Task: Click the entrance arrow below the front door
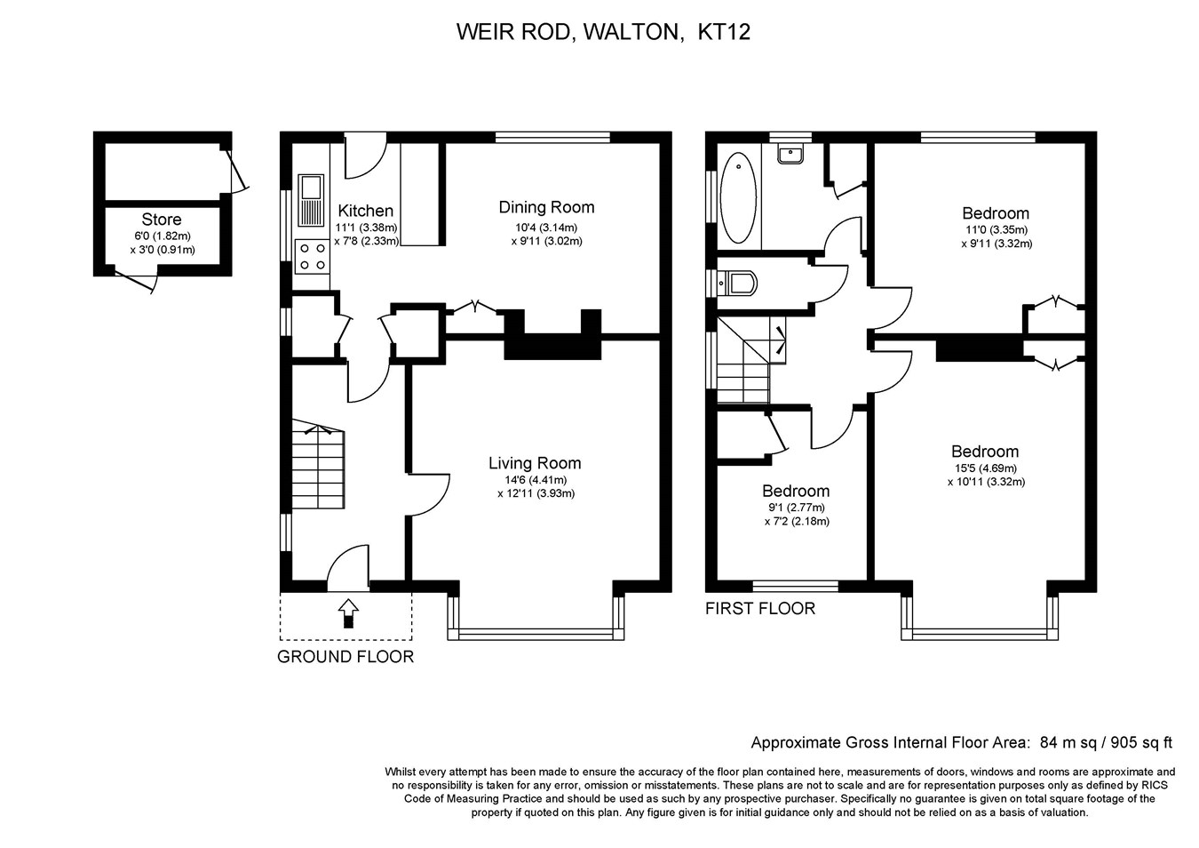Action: pyautogui.click(x=348, y=612)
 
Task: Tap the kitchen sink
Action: pyautogui.click(x=311, y=200)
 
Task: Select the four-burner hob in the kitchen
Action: pyautogui.click(x=313, y=256)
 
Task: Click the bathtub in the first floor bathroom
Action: pyautogui.click(x=739, y=198)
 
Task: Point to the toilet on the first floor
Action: pyautogui.click(x=737, y=284)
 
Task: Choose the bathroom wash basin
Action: pyautogui.click(x=790, y=155)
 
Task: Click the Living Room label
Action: pyautogui.click(x=535, y=463)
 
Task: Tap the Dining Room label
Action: pyautogui.click(x=546, y=207)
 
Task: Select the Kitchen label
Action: pyautogui.click(x=366, y=211)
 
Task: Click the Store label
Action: pyautogui.click(x=162, y=219)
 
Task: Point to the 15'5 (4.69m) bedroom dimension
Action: pyautogui.click(x=987, y=468)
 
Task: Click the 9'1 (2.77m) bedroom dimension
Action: pyautogui.click(x=797, y=508)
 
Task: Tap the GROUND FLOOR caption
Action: pyautogui.click(x=345, y=657)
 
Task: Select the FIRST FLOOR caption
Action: pyautogui.click(x=760, y=609)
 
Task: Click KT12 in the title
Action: pyautogui.click(x=724, y=32)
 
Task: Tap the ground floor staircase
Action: pyautogui.click(x=318, y=464)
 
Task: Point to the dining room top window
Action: pyautogui.click(x=552, y=138)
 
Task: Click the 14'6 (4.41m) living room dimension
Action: pyautogui.click(x=536, y=480)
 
